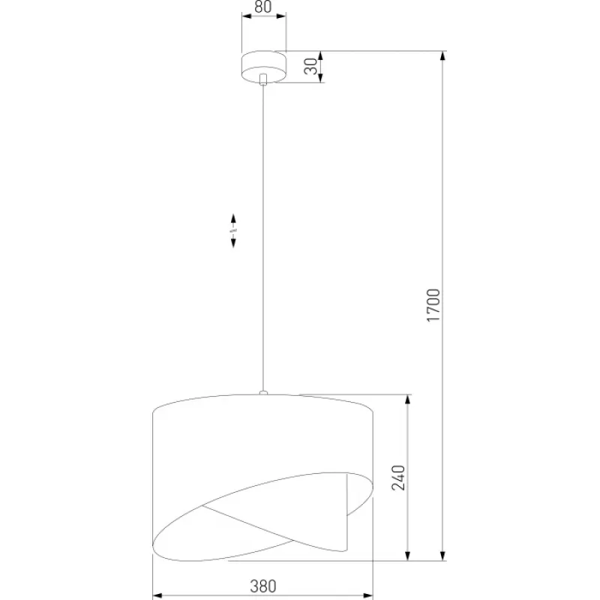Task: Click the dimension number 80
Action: coord(263,7)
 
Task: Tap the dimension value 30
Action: coord(311,66)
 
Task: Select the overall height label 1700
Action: coord(433,305)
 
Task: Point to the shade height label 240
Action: coord(398,478)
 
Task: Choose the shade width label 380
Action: coord(263,586)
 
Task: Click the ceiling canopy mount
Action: coord(264,67)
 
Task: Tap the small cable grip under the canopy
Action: coord(263,79)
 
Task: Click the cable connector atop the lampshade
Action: coord(263,392)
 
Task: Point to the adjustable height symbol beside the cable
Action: coord(233,231)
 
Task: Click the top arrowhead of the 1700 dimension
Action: coord(442,55)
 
